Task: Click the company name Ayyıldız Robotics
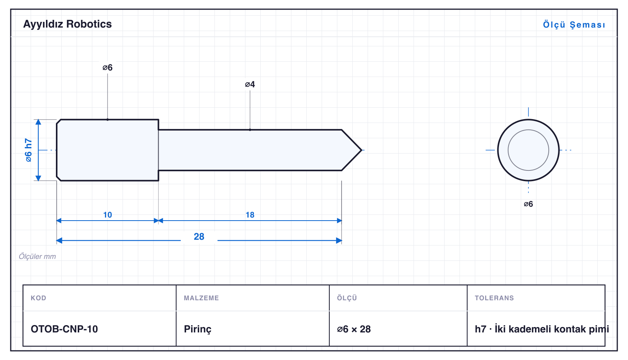point(67,24)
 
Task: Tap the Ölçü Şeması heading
point(574,25)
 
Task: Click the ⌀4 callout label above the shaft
point(250,84)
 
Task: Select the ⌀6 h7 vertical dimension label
point(28,150)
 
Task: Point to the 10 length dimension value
point(107,215)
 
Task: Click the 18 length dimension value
point(250,215)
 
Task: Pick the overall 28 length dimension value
point(199,236)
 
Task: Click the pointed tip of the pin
point(361,150)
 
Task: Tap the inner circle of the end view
point(528,130)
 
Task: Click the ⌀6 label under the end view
point(528,204)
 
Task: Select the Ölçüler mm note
point(37,256)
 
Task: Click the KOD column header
point(38,298)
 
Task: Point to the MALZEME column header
point(201,298)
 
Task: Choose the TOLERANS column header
point(494,298)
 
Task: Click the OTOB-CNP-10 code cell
point(64,329)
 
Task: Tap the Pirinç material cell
point(198,329)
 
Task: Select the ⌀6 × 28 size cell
point(354,329)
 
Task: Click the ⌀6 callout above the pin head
point(107,67)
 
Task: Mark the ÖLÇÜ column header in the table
point(347,298)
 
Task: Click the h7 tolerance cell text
point(541,329)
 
